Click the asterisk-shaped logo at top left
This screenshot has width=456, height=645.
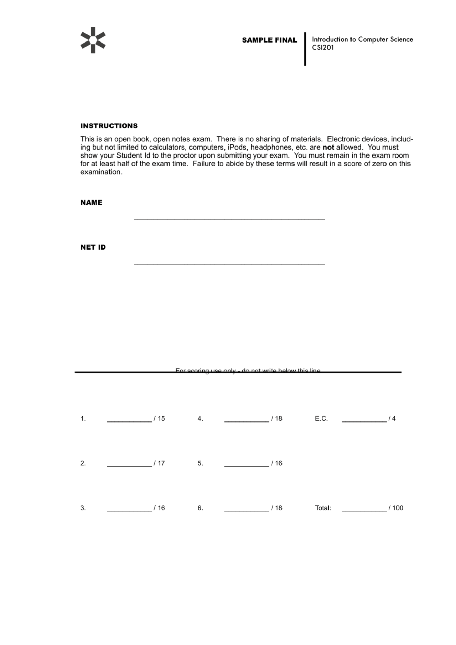tap(93, 40)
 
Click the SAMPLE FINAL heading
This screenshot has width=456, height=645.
tap(269, 40)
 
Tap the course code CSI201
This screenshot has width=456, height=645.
tap(323, 48)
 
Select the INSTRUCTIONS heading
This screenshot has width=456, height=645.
tap(109, 126)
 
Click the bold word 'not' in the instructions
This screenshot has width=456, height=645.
tap(328, 147)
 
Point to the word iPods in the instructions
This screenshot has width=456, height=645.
tap(237, 147)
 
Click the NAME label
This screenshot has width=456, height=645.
tap(91, 202)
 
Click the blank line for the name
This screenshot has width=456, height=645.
tap(229, 219)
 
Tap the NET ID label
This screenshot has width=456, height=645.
tap(93, 247)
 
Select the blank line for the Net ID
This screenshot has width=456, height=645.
tap(229, 264)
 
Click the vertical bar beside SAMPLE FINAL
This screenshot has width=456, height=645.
tap(305, 49)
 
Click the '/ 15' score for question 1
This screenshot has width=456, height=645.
tap(159, 418)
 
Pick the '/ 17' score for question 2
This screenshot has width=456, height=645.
tap(159, 463)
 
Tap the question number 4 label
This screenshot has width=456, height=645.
tap(200, 418)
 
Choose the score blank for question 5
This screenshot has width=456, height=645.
tap(247, 465)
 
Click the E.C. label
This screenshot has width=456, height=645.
tap(321, 418)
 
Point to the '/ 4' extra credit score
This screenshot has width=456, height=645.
tap(392, 418)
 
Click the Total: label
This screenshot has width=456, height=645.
tap(323, 508)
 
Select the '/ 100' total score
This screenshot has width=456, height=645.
tap(396, 508)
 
